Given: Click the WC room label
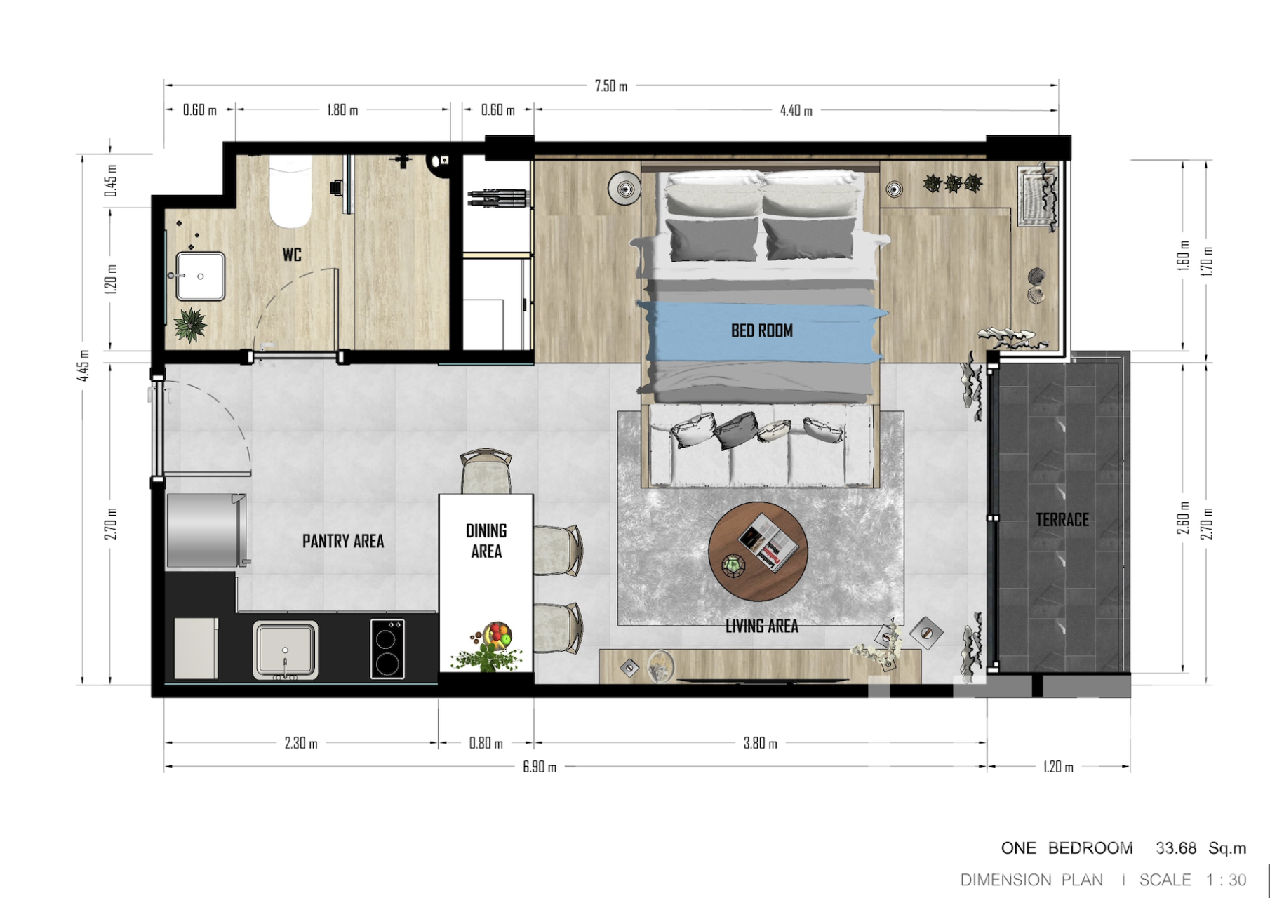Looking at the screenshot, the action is [292, 255].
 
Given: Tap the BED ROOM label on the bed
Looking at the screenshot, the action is [762, 330].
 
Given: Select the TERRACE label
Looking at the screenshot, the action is [1062, 520].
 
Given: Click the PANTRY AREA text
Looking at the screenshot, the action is [343, 541].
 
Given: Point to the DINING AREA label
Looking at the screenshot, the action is [486, 541].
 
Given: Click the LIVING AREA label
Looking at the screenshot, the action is [762, 626].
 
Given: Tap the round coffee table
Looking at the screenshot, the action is [758, 551].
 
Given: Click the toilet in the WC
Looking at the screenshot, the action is [290, 192].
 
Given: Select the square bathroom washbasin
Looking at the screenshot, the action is [200, 276].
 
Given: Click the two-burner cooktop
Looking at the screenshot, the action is [387, 648].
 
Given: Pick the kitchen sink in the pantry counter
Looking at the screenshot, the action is [285, 650].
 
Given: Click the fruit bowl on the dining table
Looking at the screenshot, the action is [497, 635].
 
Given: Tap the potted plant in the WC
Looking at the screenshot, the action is [190, 325].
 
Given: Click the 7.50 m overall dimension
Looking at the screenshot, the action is [611, 86].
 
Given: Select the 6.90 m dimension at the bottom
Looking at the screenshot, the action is [540, 767].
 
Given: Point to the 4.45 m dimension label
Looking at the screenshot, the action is [83, 366].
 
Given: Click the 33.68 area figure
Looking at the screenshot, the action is [1176, 848].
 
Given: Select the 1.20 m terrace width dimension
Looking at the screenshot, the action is [1058, 767].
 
